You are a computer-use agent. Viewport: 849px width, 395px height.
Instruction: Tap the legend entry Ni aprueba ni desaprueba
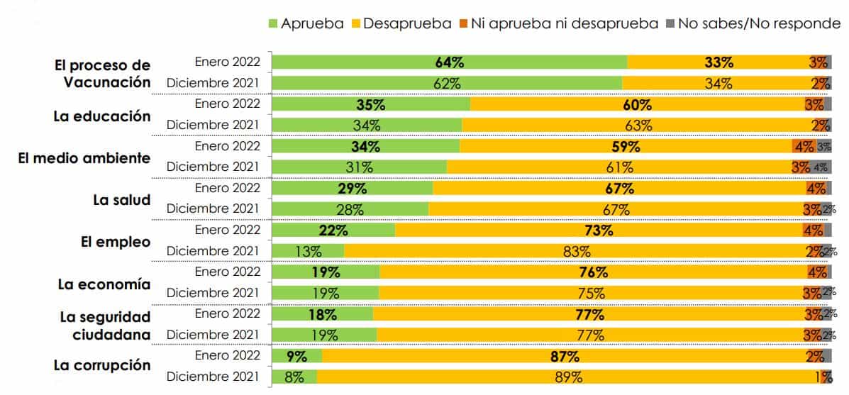pos(563,23)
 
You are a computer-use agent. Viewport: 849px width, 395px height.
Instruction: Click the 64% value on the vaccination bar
pos(449,62)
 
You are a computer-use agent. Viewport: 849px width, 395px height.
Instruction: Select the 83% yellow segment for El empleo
pos(577,252)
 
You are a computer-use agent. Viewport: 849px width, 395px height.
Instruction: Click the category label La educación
pos(102,116)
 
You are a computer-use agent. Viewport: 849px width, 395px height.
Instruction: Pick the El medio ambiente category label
pos(84,157)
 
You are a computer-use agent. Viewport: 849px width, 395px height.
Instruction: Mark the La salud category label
pos(122,200)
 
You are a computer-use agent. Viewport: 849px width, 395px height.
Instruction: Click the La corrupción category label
pos(102,365)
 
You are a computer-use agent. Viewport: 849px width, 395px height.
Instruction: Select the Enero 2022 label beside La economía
pos(228,272)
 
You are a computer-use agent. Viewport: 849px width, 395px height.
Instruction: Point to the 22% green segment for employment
pos(333,230)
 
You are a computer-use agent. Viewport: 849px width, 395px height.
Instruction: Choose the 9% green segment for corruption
pos(297,357)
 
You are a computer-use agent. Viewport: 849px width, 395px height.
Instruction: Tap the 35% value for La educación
pos(370,104)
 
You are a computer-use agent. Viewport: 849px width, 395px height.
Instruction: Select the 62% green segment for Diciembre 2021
pos(447,83)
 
